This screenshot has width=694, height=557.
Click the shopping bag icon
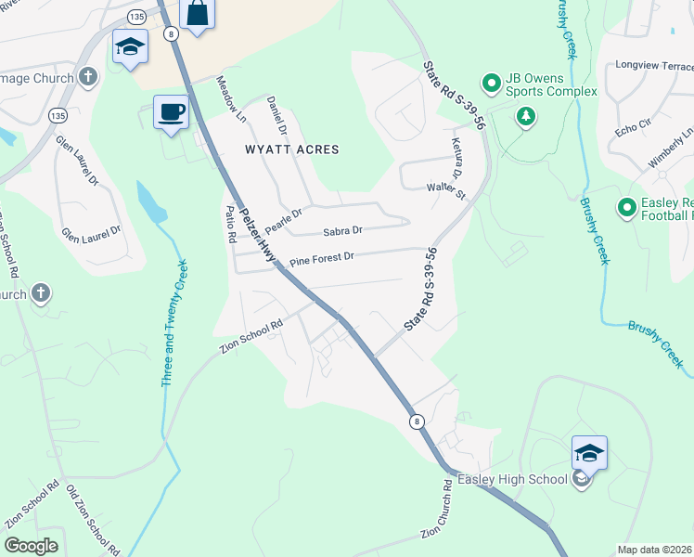(198, 14)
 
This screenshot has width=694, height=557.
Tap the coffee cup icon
(170, 112)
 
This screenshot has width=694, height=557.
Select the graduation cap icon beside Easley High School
(589, 454)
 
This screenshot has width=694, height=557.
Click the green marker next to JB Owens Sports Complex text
(491, 80)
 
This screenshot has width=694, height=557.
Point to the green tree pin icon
(526, 116)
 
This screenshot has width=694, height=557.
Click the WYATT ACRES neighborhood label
(291, 149)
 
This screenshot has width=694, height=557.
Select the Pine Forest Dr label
(321, 260)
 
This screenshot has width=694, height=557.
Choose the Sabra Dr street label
(342, 230)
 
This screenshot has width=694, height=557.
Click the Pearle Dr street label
(284, 219)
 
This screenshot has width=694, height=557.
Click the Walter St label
(445, 190)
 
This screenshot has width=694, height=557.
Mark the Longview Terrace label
(655, 66)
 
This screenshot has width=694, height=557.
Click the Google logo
(31, 545)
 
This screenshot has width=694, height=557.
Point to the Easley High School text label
(511, 479)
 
